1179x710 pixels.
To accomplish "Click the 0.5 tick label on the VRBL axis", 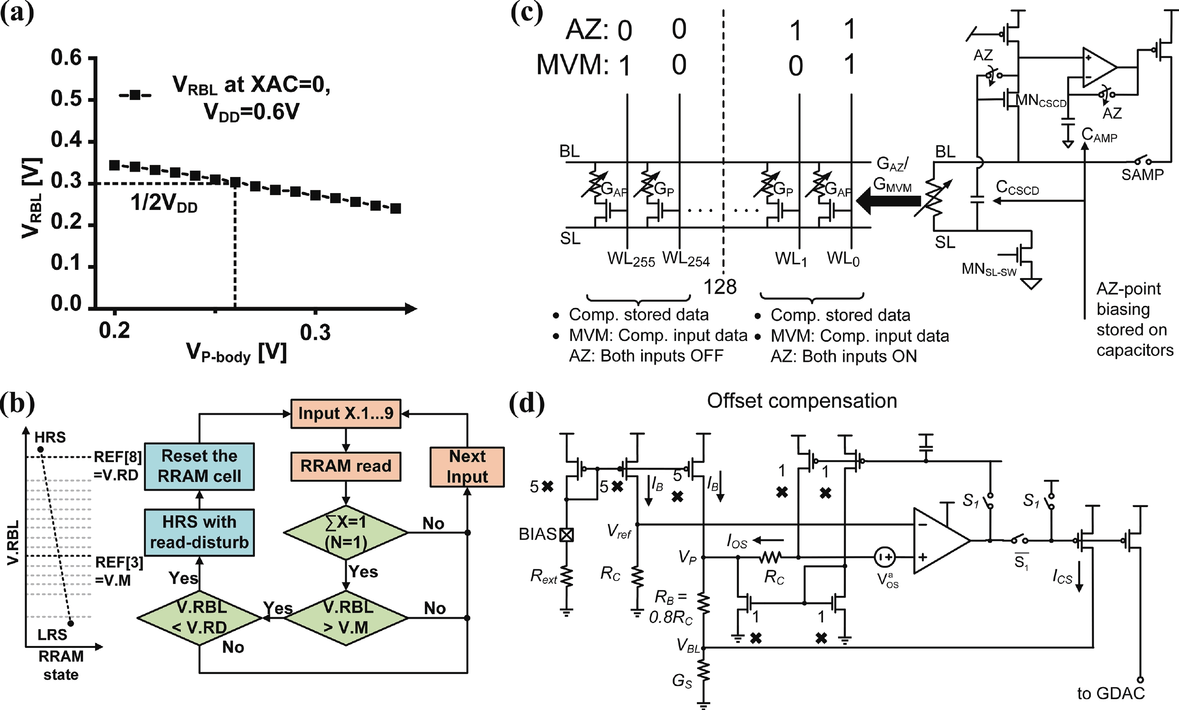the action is [67, 98].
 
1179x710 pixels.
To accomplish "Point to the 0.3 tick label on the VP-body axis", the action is [315, 332].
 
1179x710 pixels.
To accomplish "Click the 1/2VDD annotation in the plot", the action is [164, 203].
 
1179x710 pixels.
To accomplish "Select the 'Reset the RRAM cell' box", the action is [199, 466].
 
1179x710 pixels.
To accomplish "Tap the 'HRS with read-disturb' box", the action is [199, 532].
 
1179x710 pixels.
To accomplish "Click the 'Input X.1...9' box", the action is [346, 413].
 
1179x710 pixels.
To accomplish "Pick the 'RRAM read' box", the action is [346, 466].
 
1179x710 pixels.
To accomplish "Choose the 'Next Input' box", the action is [467, 467].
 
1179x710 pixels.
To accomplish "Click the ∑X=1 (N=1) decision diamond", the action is [346, 532].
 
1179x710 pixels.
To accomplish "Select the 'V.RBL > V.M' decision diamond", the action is [347, 618].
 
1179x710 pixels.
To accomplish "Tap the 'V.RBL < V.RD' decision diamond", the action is [199, 618].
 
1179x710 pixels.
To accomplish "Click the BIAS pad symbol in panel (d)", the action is [566, 534].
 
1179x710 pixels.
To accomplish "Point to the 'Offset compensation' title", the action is [802, 401].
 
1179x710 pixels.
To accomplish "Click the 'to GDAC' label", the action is [1111, 693].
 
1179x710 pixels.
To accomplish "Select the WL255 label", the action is [631, 259].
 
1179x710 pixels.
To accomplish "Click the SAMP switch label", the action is [1142, 175].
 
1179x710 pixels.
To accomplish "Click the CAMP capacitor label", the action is [1100, 135].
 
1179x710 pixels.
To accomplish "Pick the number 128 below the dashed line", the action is [720, 287].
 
